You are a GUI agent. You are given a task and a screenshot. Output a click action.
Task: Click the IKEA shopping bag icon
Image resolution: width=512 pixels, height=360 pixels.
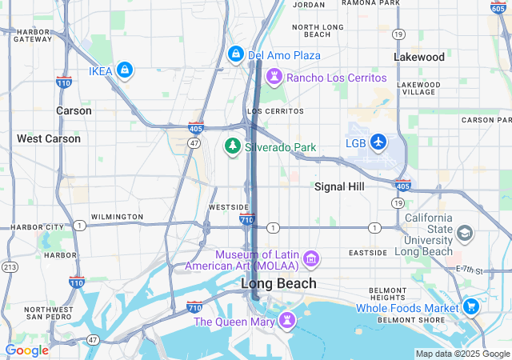pyautogui.click(x=124, y=71)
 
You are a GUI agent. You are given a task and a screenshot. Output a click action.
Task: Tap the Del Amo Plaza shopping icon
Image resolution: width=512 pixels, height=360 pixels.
pyautogui.click(x=236, y=54)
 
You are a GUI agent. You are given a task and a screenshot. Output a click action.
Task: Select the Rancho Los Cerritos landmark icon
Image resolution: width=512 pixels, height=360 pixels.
pyautogui.click(x=274, y=78)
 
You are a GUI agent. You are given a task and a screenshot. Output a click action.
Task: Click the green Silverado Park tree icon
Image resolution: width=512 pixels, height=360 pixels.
pyautogui.click(x=233, y=146)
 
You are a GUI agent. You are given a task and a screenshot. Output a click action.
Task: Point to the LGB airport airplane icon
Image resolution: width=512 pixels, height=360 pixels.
pyautogui.click(x=378, y=143)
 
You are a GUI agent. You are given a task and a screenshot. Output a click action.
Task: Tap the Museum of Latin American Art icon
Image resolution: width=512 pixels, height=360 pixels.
pyautogui.click(x=311, y=259)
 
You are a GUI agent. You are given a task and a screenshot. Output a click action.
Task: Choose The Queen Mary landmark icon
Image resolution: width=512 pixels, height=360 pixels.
pyautogui.click(x=286, y=321)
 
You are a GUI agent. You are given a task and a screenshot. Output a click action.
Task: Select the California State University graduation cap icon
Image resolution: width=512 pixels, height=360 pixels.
pyautogui.click(x=464, y=233)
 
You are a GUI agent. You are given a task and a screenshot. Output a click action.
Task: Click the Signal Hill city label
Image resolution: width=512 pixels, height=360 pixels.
pyautogui.click(x=339, y=186)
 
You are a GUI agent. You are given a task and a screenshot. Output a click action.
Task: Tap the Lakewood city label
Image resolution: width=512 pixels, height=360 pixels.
pyautogui.click(x=419, y=57)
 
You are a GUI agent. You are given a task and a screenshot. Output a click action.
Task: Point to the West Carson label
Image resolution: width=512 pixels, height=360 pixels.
pyautogui.click(x=49, y=138)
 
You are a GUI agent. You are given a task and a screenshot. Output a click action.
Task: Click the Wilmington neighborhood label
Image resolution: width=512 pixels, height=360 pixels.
pyautogui.click(x=117, y=217)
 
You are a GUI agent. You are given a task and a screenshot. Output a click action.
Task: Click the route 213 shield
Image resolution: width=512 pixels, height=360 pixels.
pyautogui.click(x=10, y=266)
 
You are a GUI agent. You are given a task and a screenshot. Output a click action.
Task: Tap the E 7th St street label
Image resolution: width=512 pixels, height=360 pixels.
pyautogui.click(x=470, y=270)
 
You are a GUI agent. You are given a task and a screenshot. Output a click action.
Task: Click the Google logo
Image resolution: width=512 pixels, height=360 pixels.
pyautogui.click(x=26, y=350)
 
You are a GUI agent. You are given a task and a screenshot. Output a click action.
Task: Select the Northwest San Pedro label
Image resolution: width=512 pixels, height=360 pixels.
pyautogui.click(x=49, y=314)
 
